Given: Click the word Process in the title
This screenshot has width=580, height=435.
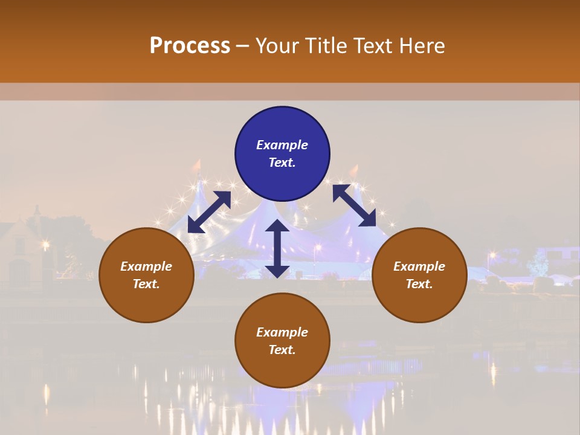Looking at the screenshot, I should (190, 46).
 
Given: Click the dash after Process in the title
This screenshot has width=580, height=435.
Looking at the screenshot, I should (243, 47).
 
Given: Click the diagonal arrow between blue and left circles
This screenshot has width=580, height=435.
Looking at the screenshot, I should (209, 212).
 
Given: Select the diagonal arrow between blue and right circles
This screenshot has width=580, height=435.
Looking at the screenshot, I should (355, 205).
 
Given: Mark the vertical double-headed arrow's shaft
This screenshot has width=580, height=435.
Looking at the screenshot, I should (277, 248).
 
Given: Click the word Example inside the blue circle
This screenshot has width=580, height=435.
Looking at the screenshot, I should (282, 145).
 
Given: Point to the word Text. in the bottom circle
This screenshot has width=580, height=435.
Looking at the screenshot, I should (282, 350).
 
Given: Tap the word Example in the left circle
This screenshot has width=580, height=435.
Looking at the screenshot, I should (146, 266).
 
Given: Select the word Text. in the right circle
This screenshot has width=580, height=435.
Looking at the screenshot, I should (419, 284).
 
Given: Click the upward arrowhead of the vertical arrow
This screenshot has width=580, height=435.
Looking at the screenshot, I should (277, 227).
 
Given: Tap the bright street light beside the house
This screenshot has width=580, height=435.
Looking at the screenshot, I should (45, 245).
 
